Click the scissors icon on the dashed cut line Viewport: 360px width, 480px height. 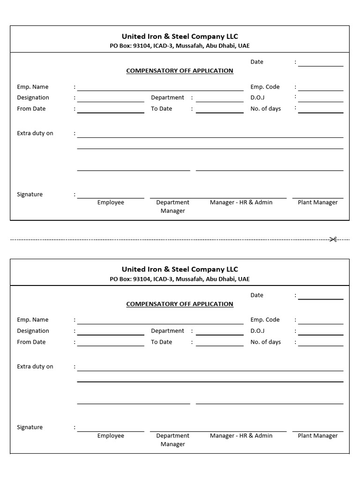pyautogui.click(x=333, y=240)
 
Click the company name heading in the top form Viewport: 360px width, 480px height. pyautogui.click(x=180, y=36)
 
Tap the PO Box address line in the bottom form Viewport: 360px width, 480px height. pyautogui.click(x=180, y=279)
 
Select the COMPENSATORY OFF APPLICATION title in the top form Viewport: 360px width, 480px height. pyautogui.click(x=180, y=71)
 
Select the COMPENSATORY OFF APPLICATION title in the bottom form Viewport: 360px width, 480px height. pyautogui.click(x=180, y=304)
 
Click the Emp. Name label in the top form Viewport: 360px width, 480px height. pyautogui.click(x=33, y=87)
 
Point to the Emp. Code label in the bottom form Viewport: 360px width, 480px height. pyautogui.click(x=265, y=320)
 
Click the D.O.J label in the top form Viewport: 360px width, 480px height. pyautogui.click(x=257, y=97)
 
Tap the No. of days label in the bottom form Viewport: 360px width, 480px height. pyautogui.click(x=265, y=342)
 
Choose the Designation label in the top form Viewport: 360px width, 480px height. pyautogui.click(x=33, y=97)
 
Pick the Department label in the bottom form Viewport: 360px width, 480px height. pyautogui.click(x=167, y=331)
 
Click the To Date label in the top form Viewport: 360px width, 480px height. pyautogui.click(x=161, y=109)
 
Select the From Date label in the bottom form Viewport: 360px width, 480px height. pyautogui.click(x=31, y=342)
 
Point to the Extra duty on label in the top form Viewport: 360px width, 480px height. pyautogui.click(x=35, y=133)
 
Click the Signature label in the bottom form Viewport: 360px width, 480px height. pyautogui.click(x=30, y=427)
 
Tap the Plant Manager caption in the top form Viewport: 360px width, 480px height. pyautogui.click(x=318, y=202)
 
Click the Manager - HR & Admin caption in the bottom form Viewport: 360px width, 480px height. pyautogui.click(x=241, y=435)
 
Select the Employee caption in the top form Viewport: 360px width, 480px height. pyautogui.click(x=111, y=202)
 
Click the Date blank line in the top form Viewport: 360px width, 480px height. pyautogui.click(x=321, y=66)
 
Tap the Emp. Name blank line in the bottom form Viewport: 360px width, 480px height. pyautogui.click(x=160, y=323)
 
